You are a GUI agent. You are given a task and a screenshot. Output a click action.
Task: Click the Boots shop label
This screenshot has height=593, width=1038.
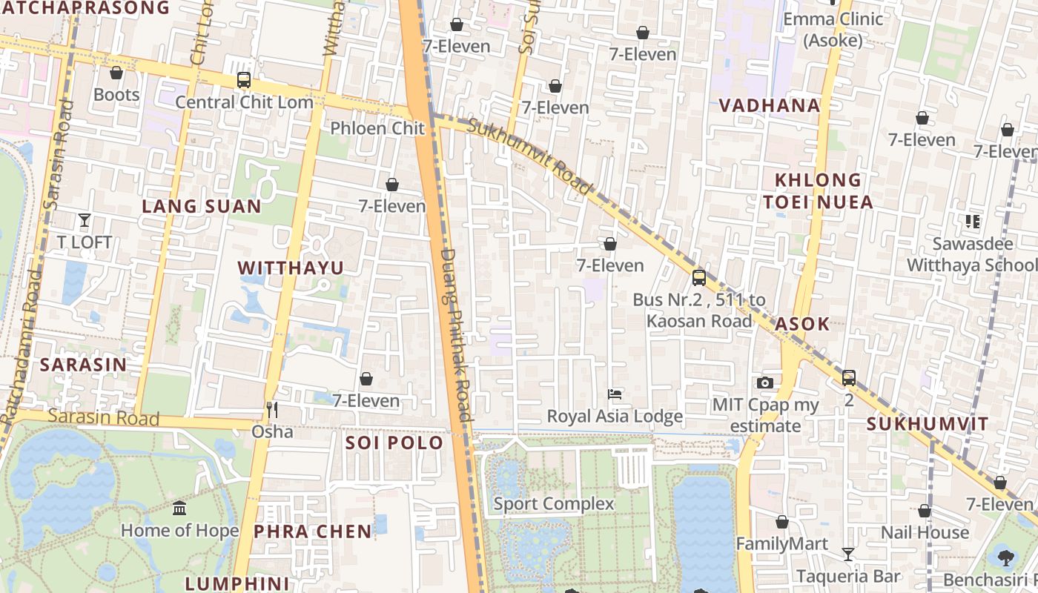pos(116,95)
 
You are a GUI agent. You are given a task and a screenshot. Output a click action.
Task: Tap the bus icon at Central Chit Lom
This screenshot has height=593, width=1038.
pos(244,80)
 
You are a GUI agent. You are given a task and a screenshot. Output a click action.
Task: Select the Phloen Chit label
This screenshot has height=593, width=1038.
pos(377,128)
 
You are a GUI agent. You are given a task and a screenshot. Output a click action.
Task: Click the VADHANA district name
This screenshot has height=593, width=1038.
pos(770,106)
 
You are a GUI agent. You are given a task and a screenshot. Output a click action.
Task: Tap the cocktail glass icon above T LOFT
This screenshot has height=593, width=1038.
pos(85,220)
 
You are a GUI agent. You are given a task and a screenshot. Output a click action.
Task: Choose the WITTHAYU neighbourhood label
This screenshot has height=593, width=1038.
pos(291,268)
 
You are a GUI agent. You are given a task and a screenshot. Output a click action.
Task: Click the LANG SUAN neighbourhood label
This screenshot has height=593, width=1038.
pos(202,206)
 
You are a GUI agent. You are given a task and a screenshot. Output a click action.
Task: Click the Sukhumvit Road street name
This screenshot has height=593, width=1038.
pos(531,156)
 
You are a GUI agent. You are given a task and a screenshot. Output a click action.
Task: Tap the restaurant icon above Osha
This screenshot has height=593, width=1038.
pos(272,409)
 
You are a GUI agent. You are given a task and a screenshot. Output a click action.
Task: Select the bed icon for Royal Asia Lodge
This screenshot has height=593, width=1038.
pos(615,394)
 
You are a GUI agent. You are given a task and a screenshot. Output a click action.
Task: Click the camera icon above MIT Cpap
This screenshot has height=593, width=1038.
pos(765,382)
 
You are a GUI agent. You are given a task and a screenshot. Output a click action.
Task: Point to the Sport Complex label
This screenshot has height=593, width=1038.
pos(554,504)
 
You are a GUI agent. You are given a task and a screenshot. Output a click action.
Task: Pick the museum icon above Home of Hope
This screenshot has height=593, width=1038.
pos(179,508)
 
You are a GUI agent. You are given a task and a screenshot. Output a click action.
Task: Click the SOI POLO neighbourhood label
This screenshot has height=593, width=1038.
pos(394,443)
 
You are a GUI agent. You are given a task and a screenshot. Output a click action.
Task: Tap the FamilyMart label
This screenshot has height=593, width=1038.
pos(781,544)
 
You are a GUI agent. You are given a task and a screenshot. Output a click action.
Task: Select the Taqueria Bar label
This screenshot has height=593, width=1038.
pos(848,576)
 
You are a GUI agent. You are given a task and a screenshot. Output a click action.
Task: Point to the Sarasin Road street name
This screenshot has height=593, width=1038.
pos(103,417)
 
